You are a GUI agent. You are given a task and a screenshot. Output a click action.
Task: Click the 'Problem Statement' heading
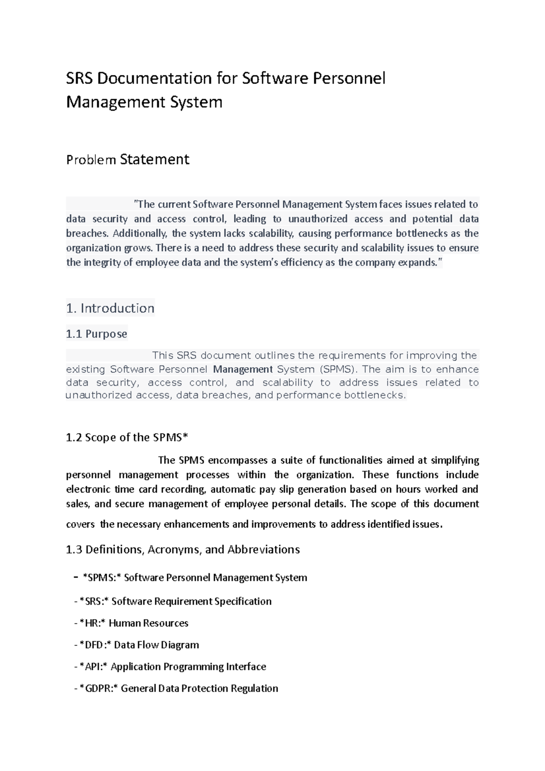[x=128, y=159]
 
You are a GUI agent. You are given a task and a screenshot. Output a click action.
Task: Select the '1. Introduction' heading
[x=110, y=308]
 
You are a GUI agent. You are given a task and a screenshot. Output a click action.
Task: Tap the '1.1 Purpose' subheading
[x=96, y=334]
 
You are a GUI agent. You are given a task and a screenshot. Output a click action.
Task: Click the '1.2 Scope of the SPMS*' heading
[x=127, y=437]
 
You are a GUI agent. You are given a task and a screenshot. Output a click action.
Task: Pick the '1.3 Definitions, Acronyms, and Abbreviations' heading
[x=183, y=549]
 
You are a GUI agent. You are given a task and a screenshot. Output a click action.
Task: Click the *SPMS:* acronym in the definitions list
[x=102, y=578]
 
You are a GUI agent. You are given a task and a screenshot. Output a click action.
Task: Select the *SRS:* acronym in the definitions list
[x=94, y=601]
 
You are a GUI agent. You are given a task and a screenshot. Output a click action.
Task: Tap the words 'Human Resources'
[x=149, y=623]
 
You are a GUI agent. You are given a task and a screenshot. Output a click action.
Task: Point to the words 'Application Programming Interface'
[x=188, y=667]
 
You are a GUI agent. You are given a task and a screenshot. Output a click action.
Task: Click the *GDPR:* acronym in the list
[x=99, y=688]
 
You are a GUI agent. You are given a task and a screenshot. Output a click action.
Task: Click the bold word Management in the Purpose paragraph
[x=243, y=369]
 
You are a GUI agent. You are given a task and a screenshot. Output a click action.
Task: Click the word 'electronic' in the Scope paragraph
[x=88, y=489]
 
